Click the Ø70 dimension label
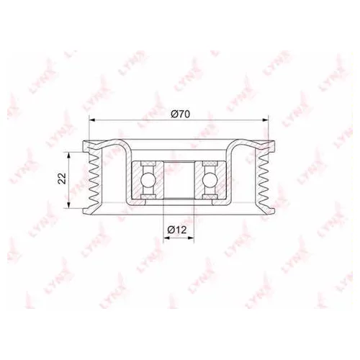coord(180,114)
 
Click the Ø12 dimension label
coord(177,230)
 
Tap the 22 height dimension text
coord(63,178)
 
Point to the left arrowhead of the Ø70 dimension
coord(92,120)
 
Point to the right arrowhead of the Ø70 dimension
coord(265,120)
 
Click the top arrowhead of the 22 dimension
coord(69,156)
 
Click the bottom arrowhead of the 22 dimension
coord(69,204)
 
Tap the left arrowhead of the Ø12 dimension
coord(166,238)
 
